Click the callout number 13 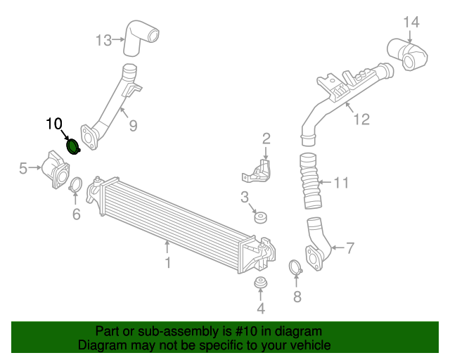(x=104, y=40)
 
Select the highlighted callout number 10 (x=54, y=124)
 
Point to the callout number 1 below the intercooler (x=167, y=263)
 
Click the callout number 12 (x=361, y=120)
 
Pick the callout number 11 (x=341, y=184)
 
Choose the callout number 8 (x=297, y=297)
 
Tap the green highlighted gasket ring (x=72, y=146)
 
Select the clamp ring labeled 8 (x=296, y=268)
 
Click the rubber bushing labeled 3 (x=259, y=217)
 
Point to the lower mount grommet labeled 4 (x=261, y=284)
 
